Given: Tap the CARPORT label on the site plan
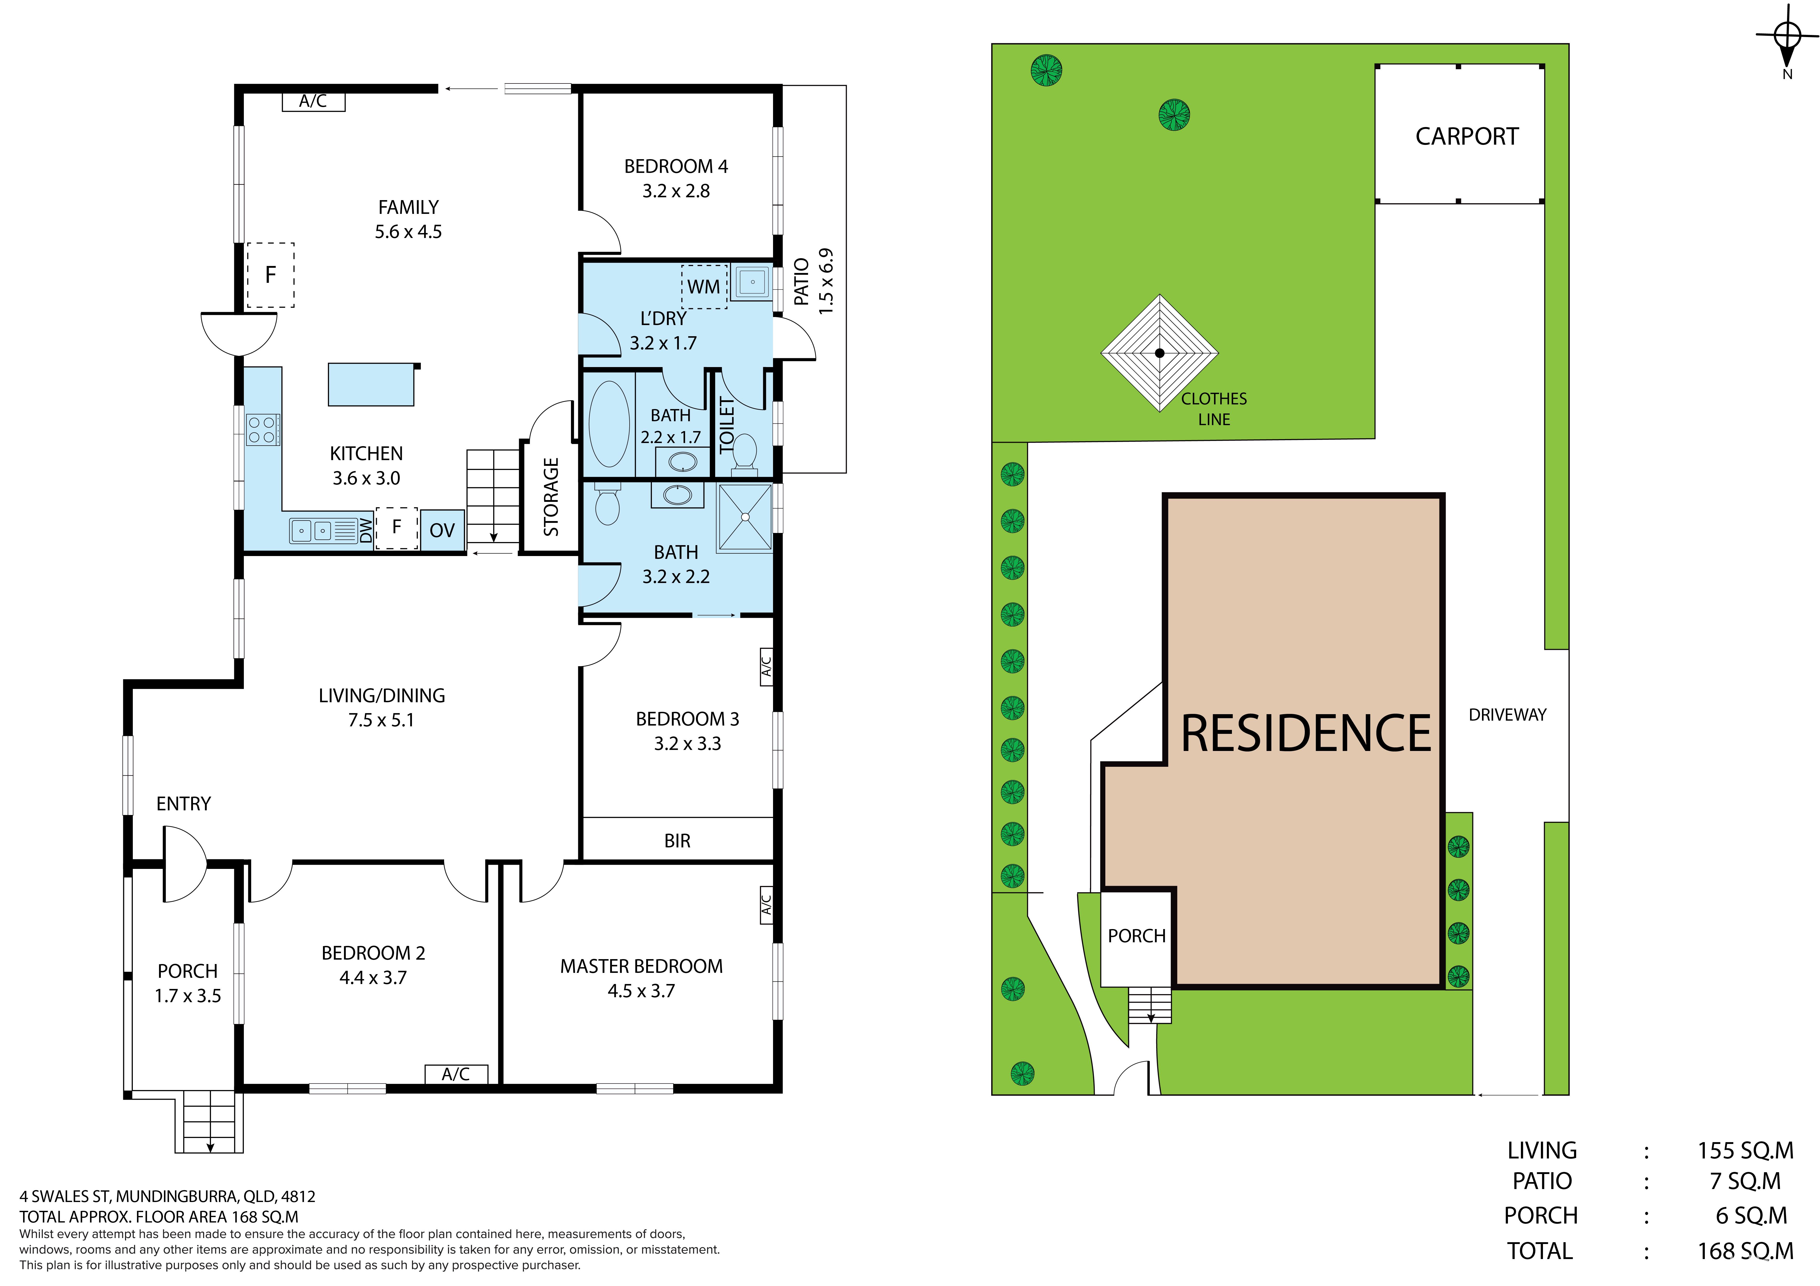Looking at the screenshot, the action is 1467,136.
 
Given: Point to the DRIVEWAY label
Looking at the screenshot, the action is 1507,715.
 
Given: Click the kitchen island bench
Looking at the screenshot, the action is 372,384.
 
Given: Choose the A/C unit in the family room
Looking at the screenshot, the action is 313,101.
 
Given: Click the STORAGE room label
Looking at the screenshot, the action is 551,497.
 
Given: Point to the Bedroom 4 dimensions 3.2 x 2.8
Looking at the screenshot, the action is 676,191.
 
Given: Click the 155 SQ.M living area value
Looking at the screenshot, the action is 1746,1150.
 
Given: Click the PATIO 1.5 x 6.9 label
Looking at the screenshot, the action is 813,281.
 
